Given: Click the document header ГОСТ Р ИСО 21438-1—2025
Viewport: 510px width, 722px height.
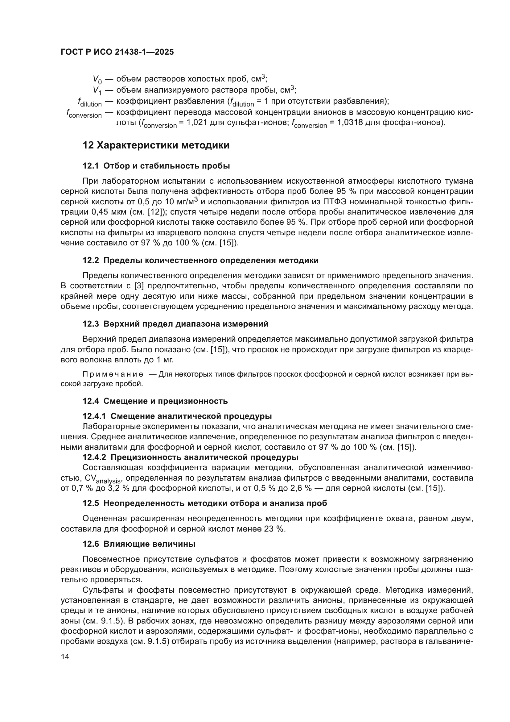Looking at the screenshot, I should tap(117, 52).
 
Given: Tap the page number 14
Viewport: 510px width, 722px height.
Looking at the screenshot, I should tap(65, 666).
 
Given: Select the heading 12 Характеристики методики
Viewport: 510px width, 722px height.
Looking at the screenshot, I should tap(156, 146).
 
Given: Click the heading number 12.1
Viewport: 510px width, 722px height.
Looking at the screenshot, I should tap(90, 166).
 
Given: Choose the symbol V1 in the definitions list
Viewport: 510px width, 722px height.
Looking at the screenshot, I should tap(97, 90).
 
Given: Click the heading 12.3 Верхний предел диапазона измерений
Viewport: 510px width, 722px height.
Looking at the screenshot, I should tap(175, 324).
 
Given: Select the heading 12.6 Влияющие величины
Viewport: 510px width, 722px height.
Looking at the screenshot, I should tap(139, 544).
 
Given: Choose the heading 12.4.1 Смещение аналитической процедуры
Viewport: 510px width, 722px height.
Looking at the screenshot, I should tap(177, 416).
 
